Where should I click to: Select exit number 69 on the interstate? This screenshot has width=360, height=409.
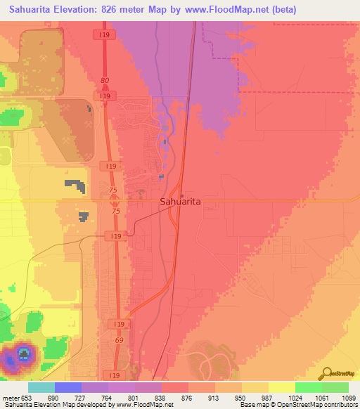click(x=118, y=339)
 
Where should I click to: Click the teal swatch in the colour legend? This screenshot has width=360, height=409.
click(x=41, y=387)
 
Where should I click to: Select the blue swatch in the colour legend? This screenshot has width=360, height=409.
click(x=68, y=387)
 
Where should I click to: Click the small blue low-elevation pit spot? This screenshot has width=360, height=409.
click(x=23, y=353)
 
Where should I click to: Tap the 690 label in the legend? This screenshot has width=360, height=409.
click(x=56, y=397)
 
